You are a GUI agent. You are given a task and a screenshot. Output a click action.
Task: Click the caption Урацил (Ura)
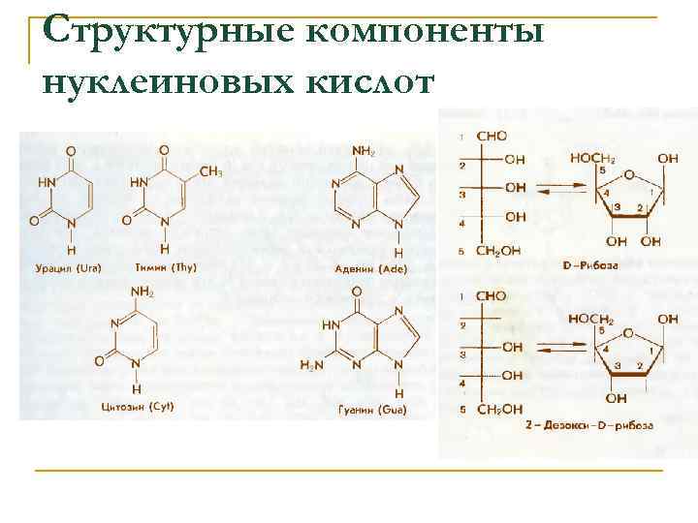tap(69, 267)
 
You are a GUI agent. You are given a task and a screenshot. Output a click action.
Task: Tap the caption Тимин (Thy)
tap(163, 267)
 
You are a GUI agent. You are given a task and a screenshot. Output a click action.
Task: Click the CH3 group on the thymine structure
tap(211, 171)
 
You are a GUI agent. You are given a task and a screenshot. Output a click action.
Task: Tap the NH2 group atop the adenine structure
tap(363, 151)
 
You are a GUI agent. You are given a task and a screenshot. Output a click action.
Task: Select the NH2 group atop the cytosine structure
tap(143, 292)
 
